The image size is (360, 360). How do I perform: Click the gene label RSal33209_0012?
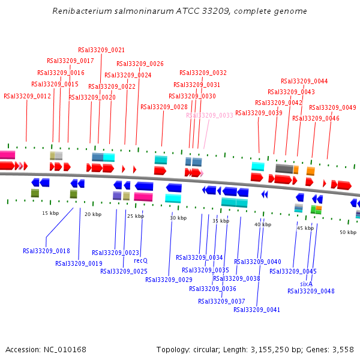coord(27,96)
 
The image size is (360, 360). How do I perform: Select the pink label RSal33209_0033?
coord(209,115)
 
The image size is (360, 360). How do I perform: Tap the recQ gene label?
coord(140,260)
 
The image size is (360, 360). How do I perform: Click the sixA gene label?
coord(306,284)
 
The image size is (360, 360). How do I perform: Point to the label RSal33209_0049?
coord(332,107)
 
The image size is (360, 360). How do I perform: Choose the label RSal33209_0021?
coord(101,50)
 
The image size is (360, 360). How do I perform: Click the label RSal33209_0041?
coord(257,310)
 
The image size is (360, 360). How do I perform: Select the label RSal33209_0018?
coord(46,251)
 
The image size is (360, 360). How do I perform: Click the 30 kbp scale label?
coord(178,218)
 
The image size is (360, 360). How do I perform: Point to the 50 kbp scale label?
coord(348,232)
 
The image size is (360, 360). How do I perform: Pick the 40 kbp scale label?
coord(263,224)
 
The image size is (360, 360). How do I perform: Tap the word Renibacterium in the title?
coord(80,11)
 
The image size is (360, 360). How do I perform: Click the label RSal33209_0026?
coord(140,64)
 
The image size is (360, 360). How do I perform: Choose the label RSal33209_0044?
coord(304,81)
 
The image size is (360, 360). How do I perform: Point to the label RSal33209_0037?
coord(221,301)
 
